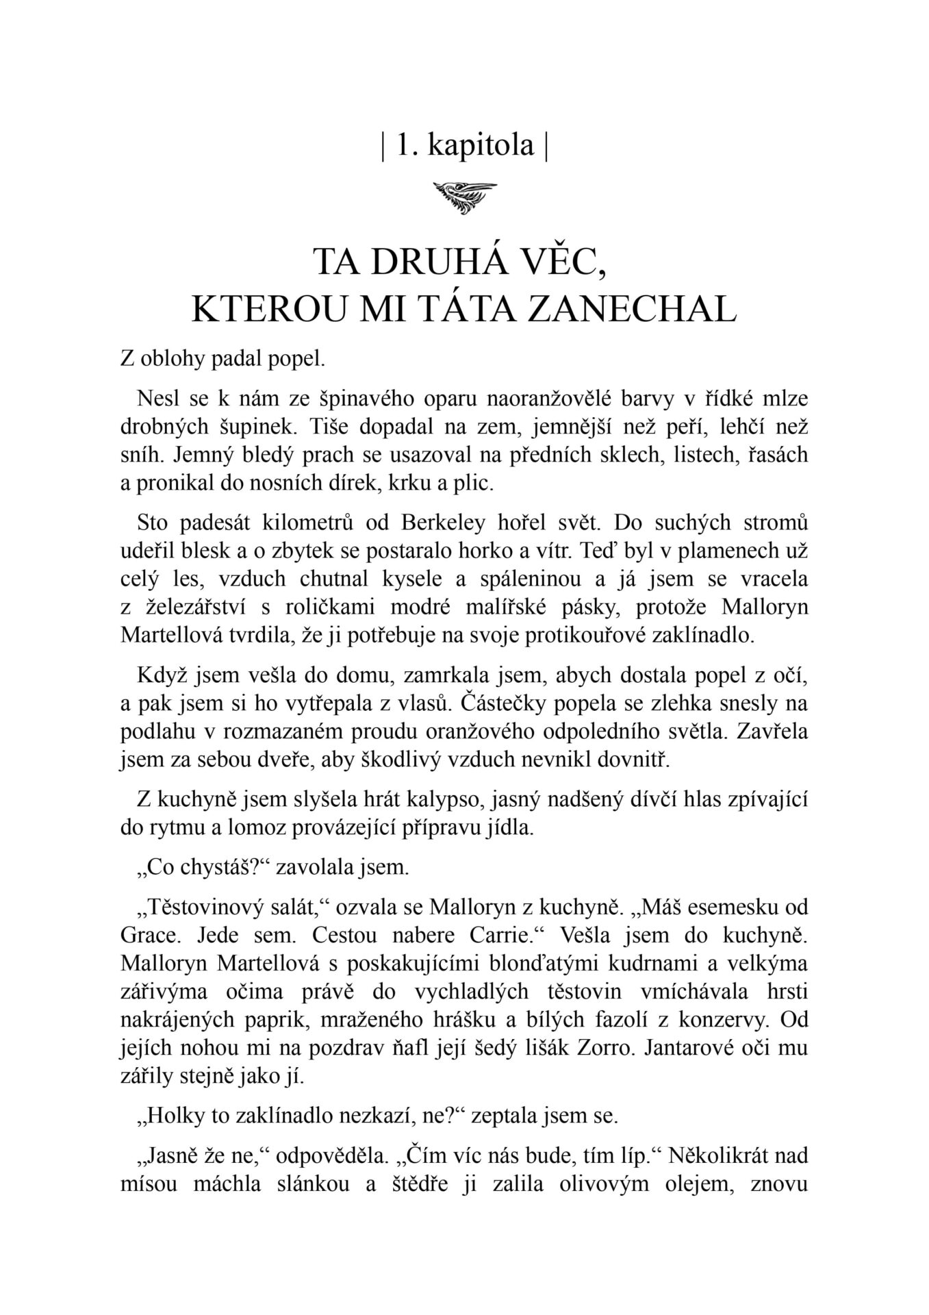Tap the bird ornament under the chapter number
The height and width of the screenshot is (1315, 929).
point(465,197)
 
